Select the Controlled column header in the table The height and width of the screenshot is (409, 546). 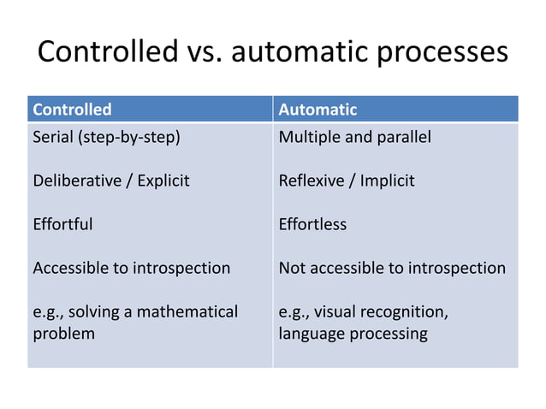[72, 110]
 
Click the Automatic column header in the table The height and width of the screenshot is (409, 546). [318, 110]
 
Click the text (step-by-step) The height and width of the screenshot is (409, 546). [130, 137]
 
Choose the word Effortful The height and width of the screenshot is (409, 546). [62, 224]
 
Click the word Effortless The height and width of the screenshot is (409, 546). [312, 224]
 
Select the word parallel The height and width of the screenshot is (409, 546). [404, 137]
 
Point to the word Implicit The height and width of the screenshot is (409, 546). [389, 181]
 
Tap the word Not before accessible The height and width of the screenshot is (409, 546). [293, 268]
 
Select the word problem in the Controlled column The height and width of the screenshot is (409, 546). [63, 334]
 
